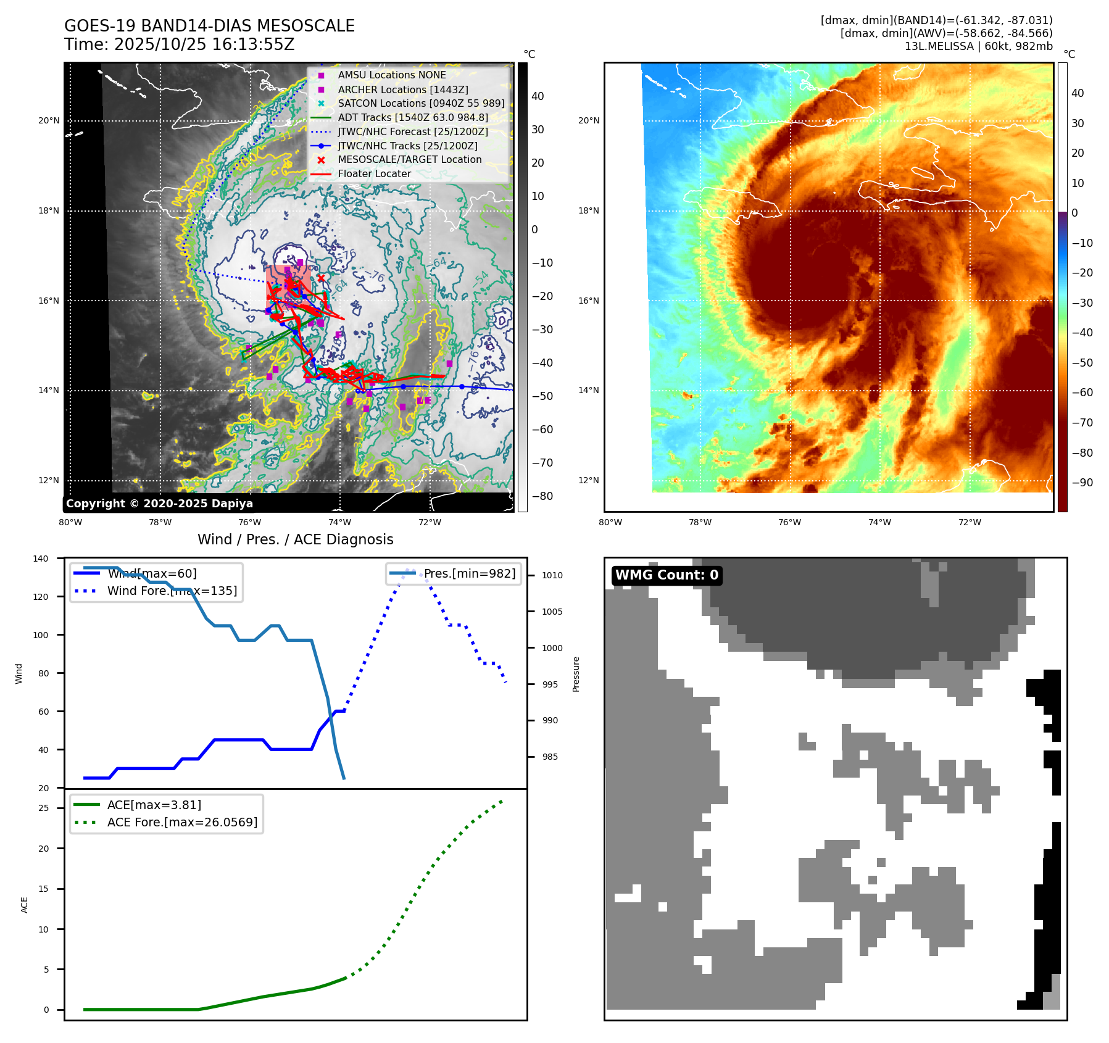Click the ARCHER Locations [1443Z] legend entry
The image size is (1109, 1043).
(402, 89)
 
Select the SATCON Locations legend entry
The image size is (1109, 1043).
(421, 103)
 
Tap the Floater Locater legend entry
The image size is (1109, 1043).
(374, 173)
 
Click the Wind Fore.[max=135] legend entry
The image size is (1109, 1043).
(172, 591)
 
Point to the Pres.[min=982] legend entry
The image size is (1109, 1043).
(469, 573)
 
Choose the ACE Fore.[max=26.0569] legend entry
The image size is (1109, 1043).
(182, 822)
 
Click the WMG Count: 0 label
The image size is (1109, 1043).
(667, 575)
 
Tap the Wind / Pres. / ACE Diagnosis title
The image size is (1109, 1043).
(295, 539)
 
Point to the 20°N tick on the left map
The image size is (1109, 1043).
(49, 121)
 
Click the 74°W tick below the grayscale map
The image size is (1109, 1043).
(340, 523)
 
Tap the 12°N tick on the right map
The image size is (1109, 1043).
(589, 481)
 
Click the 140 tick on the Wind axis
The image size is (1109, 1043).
(41, 559)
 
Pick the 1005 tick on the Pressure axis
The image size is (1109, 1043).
(552, 612)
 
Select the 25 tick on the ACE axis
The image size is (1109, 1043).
(43, 808)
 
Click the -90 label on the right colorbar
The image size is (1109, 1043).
(1082, 483)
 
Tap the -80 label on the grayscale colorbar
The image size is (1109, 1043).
(542, 496)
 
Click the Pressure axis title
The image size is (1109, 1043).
(576, 674)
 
